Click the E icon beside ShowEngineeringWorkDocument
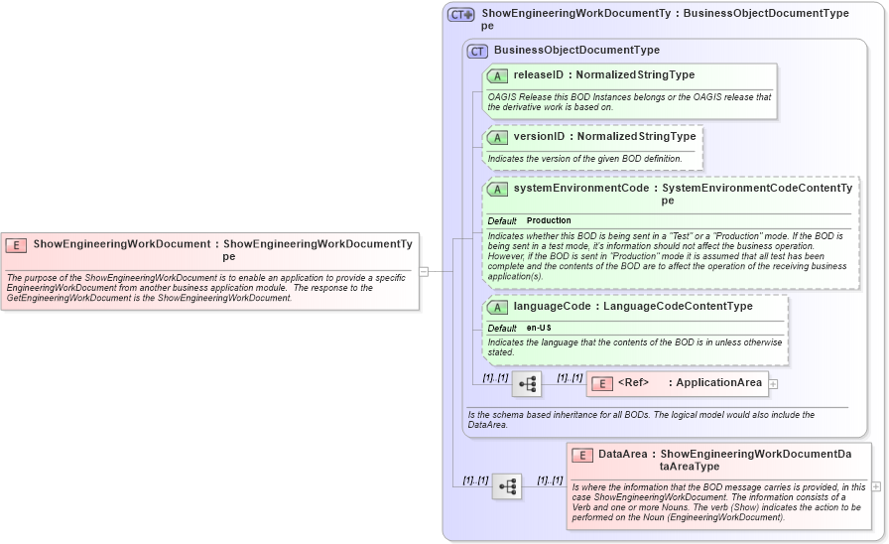pyautogui.click(x=16, y=244)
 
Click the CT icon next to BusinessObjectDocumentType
pyautogui.click(x=477, y=51)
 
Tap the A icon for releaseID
pyautogui.click(x=497, y=75)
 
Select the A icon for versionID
pyautogui.click(x=497, y=137)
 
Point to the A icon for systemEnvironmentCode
pyautogui.click(x=497, y=189)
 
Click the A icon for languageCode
pyautogui.click(x=497, y=308)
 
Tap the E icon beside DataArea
pyautogui.click(x=582, y=456)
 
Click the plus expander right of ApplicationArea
pyautogui.click(x=773, y=383)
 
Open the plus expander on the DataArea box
pyautogui.click(x=875, y=486)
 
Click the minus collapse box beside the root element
pyautogui.click(x=424, y=270)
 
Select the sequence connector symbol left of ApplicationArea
pyautogui.click(x=527, y=383)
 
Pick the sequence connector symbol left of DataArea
pyautogui.click(x=507, y=486)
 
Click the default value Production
pyautogui.click(x=549, y=220)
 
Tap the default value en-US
pyautogui.click(x=539, y=328)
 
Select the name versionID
pyautogui.click(x=539, y=136)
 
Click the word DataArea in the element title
pyautogui.click(x=622, y=454)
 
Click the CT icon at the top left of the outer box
pyautogui.click(x=460, y=15)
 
